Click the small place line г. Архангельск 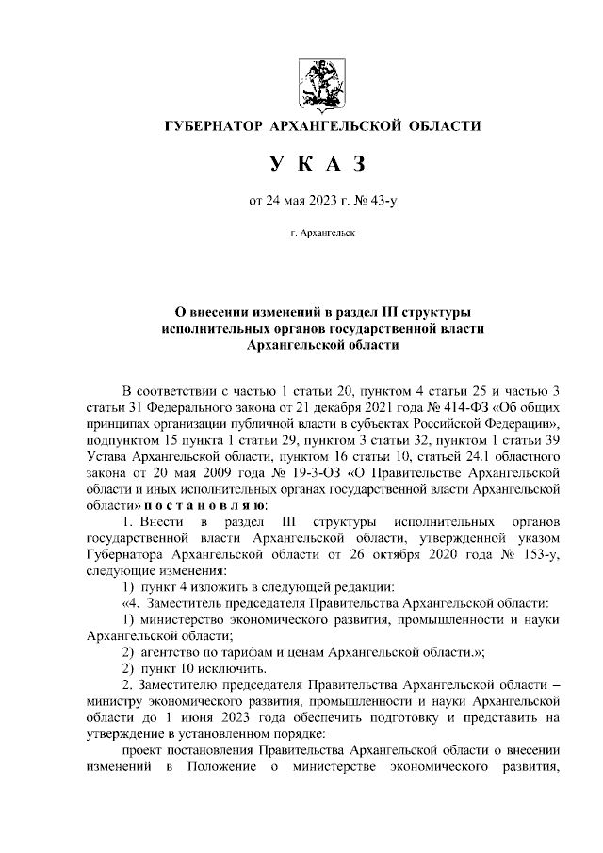pyautogui.click(x=322, y=231)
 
